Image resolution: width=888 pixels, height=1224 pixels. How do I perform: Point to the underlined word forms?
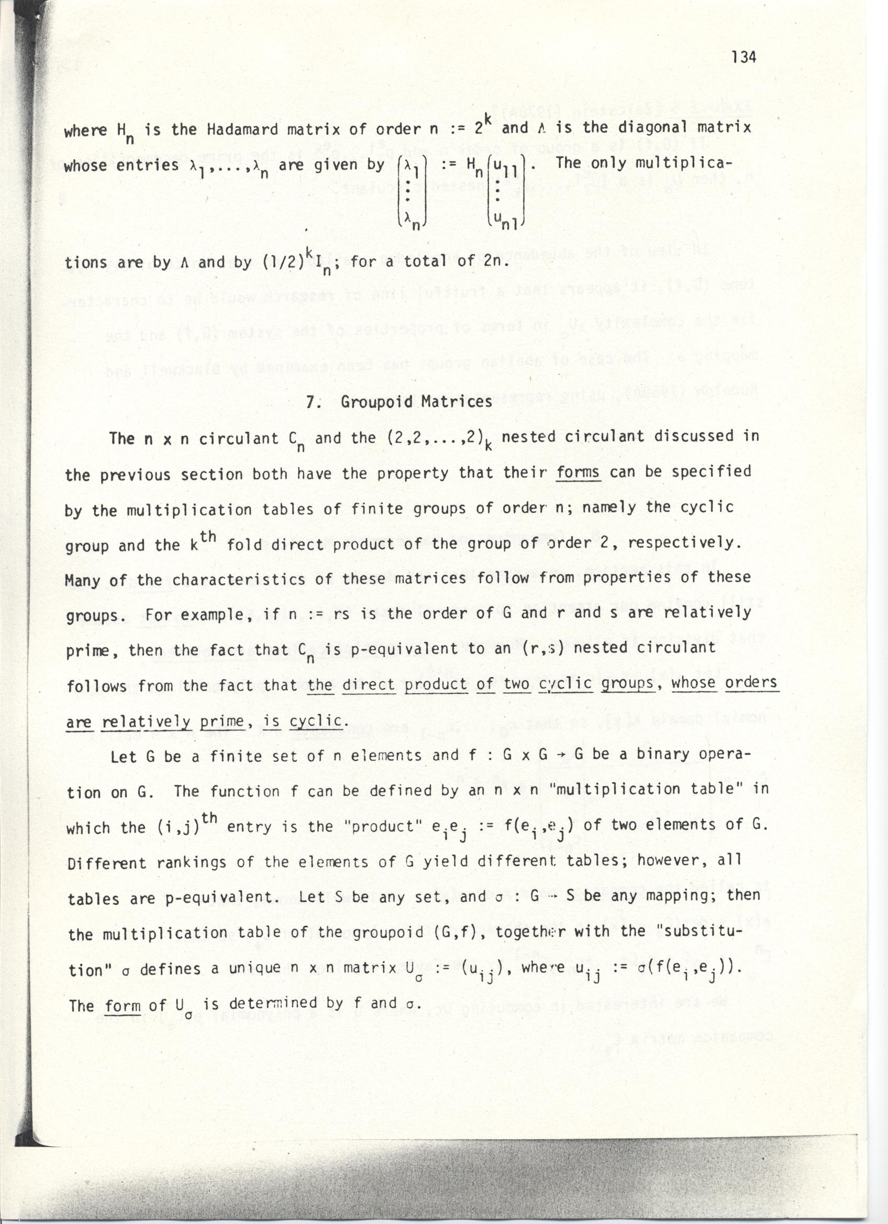point(578,472)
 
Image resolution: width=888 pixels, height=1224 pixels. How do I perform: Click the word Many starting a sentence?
point(82,581)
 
